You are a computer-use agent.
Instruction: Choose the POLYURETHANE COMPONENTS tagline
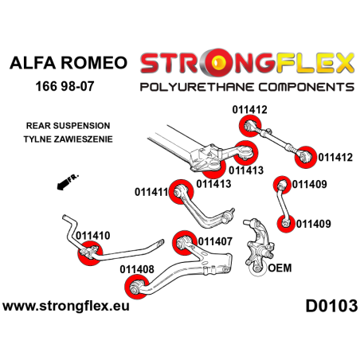(x=247, y=85)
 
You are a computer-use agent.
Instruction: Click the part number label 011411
(x=153, y=192)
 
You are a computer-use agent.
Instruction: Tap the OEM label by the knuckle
(x=280, y=268)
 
